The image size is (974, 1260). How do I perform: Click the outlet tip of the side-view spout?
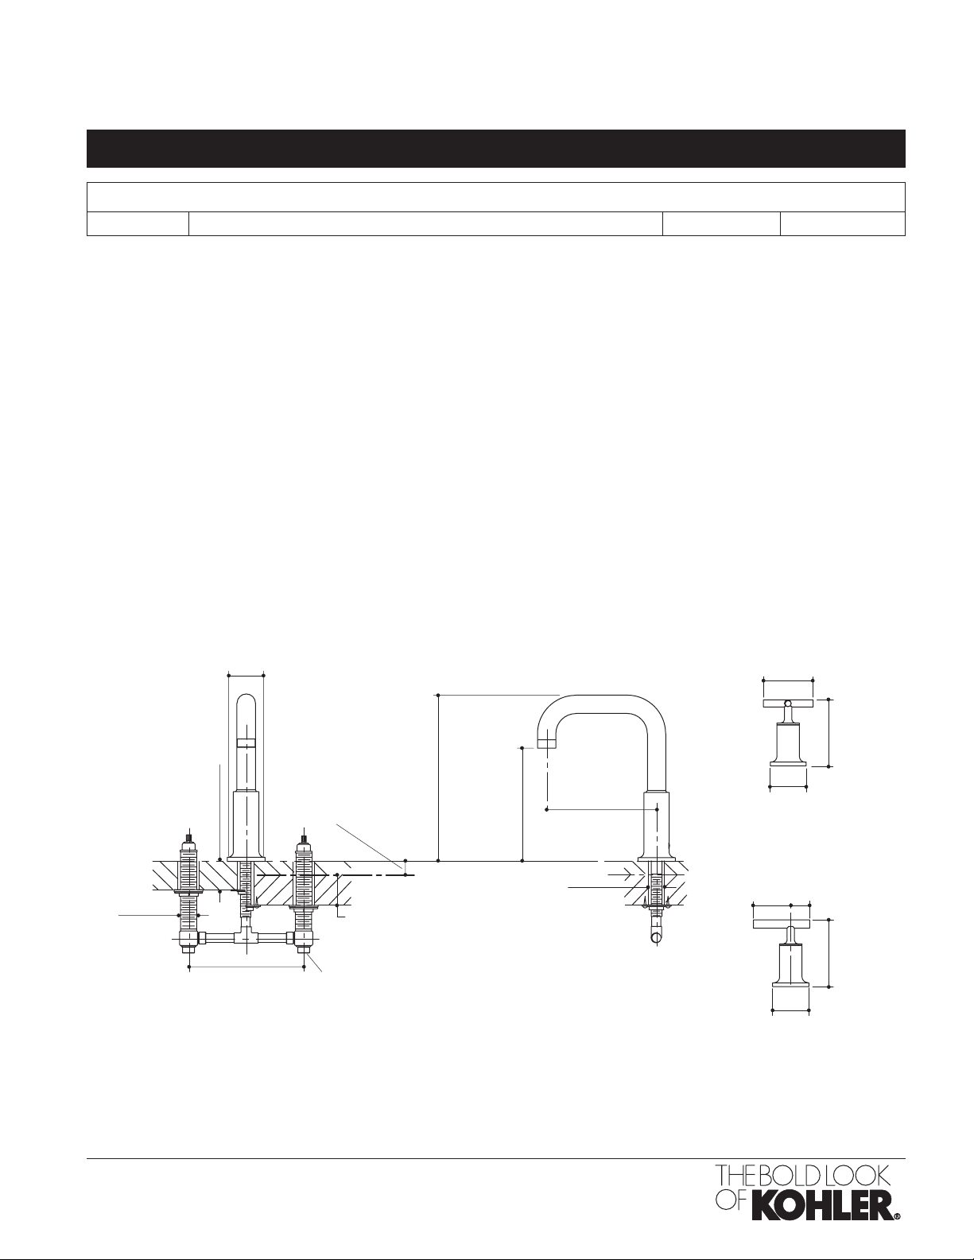tap(547, 743)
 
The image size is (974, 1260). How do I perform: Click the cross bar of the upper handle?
tap(788, 704)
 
